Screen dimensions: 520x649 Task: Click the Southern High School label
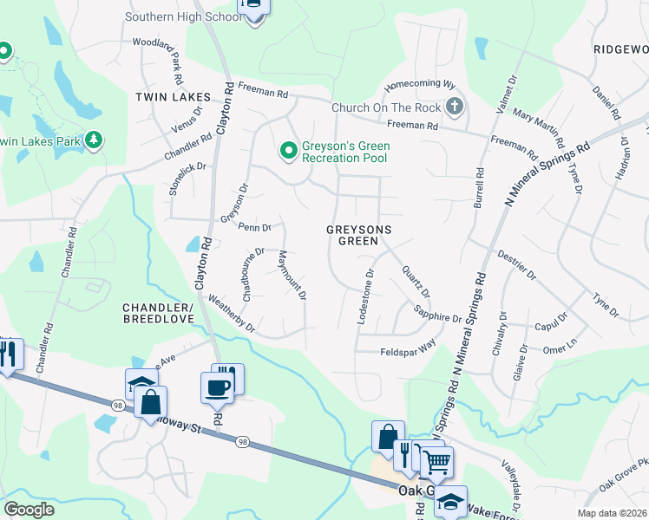184,16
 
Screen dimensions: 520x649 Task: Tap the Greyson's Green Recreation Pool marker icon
288,152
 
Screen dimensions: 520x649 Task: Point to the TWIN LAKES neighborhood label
168,98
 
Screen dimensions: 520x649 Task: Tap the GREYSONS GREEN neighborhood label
359,235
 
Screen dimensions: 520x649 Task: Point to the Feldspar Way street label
408,352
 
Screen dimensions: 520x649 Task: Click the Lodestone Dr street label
365,296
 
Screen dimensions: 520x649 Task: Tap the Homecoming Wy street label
420,85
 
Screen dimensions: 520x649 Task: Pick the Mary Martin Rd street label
539,128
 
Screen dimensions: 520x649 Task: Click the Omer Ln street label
559,348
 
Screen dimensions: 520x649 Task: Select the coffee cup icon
216,387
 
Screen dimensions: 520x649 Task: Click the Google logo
29,509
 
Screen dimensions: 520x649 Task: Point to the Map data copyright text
610,513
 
